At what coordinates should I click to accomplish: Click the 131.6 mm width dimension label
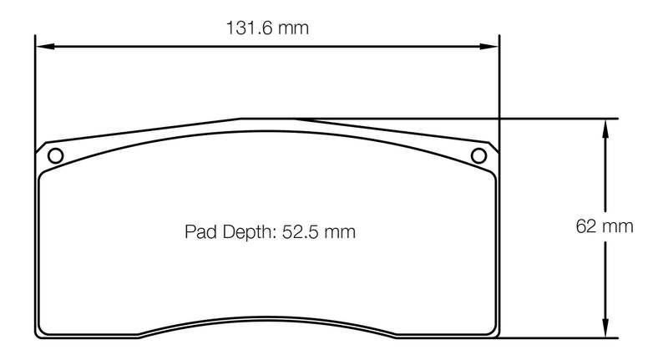pos(267,28)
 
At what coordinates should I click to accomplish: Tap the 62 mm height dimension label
pos(604,226)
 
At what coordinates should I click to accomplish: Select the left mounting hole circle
pos(55,156)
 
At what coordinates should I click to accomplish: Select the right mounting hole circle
pos(478,156)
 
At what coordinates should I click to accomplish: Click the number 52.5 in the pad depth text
pos(301,231)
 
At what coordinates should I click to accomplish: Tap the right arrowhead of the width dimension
pos(489,46)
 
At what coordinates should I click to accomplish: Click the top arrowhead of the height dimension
pos(605,129)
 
